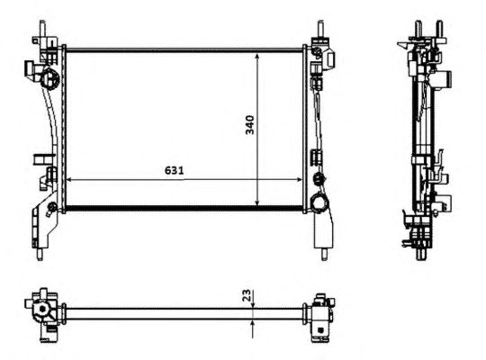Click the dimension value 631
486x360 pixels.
tap(175, 170)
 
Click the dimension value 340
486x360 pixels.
tap(249, 125)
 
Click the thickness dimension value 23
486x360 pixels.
tap(246, 295)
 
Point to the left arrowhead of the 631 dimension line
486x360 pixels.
tap(69, 179)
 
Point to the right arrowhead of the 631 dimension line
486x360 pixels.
tap(299, 179)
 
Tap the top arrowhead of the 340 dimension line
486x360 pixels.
tap(256, 57)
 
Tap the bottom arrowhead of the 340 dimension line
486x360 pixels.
tap(256, 202)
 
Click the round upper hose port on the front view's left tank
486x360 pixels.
tap(49, 78)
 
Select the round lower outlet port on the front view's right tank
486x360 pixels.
tap(319, 202)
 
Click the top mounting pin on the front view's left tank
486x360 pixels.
tap(42, 29)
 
